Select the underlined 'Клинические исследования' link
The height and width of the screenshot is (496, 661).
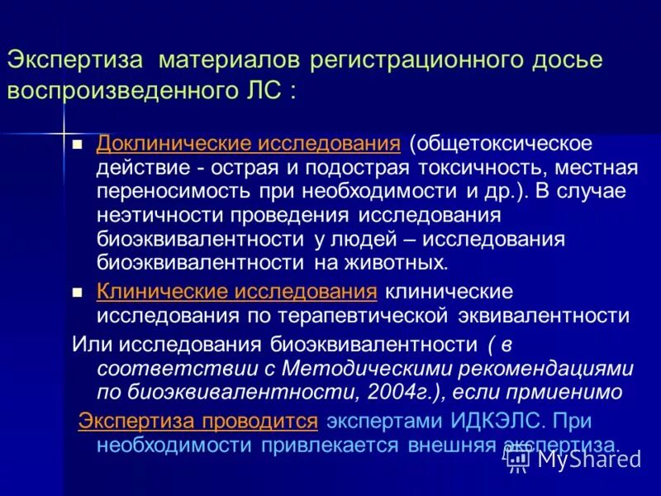click(237, 292)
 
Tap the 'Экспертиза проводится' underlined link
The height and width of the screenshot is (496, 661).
click(198, 421)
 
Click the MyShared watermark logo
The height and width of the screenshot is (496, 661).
click(573, 457)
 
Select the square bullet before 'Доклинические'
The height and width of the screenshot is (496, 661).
click(78, 145)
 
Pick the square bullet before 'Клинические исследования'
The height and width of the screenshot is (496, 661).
click(78, 293)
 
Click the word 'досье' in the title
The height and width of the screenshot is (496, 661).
click(564, 61)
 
